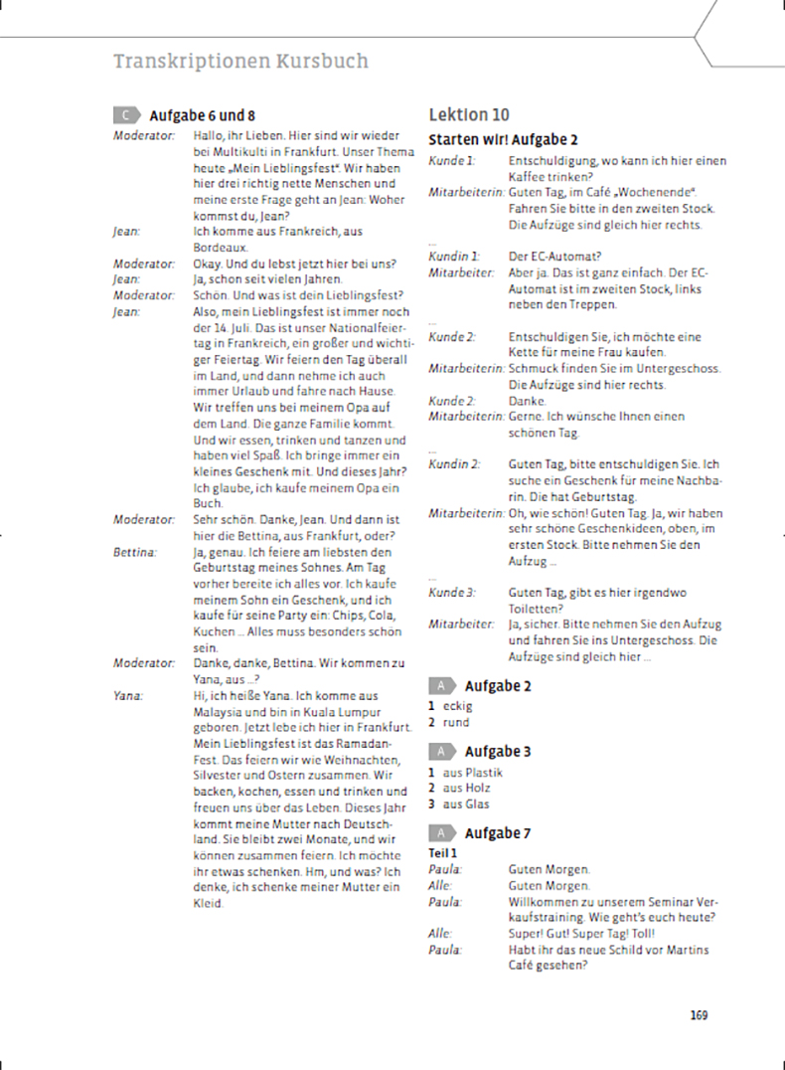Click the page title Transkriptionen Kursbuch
[x=240, y=62]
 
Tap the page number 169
[x=698, y=1015]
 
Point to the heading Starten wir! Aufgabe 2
[x=503, y=140]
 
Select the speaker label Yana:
[x=128, y=696]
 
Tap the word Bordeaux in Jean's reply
[x=219, y=247]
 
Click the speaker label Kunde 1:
[x=451, y=161]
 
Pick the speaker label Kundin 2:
[x=454, y=464]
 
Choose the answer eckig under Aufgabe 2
[x=458, y=706]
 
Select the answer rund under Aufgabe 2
[x=456, y=722]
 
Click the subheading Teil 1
[x=442, y=852]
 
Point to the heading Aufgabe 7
[x=498, y=833]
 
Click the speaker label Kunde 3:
[x=451, y=593]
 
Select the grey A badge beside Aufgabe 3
[x=440, y=752]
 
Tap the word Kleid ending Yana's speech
[x=207, y=904]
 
